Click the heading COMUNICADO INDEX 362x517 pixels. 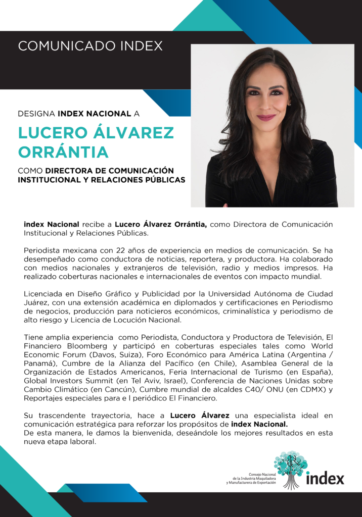tap(90, 46)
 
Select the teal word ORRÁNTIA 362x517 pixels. tap(63, 151)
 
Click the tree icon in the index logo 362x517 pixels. tap(291, 468)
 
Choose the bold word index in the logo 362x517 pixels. tap(325, 478)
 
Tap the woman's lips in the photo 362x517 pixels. tap(266, 118)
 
